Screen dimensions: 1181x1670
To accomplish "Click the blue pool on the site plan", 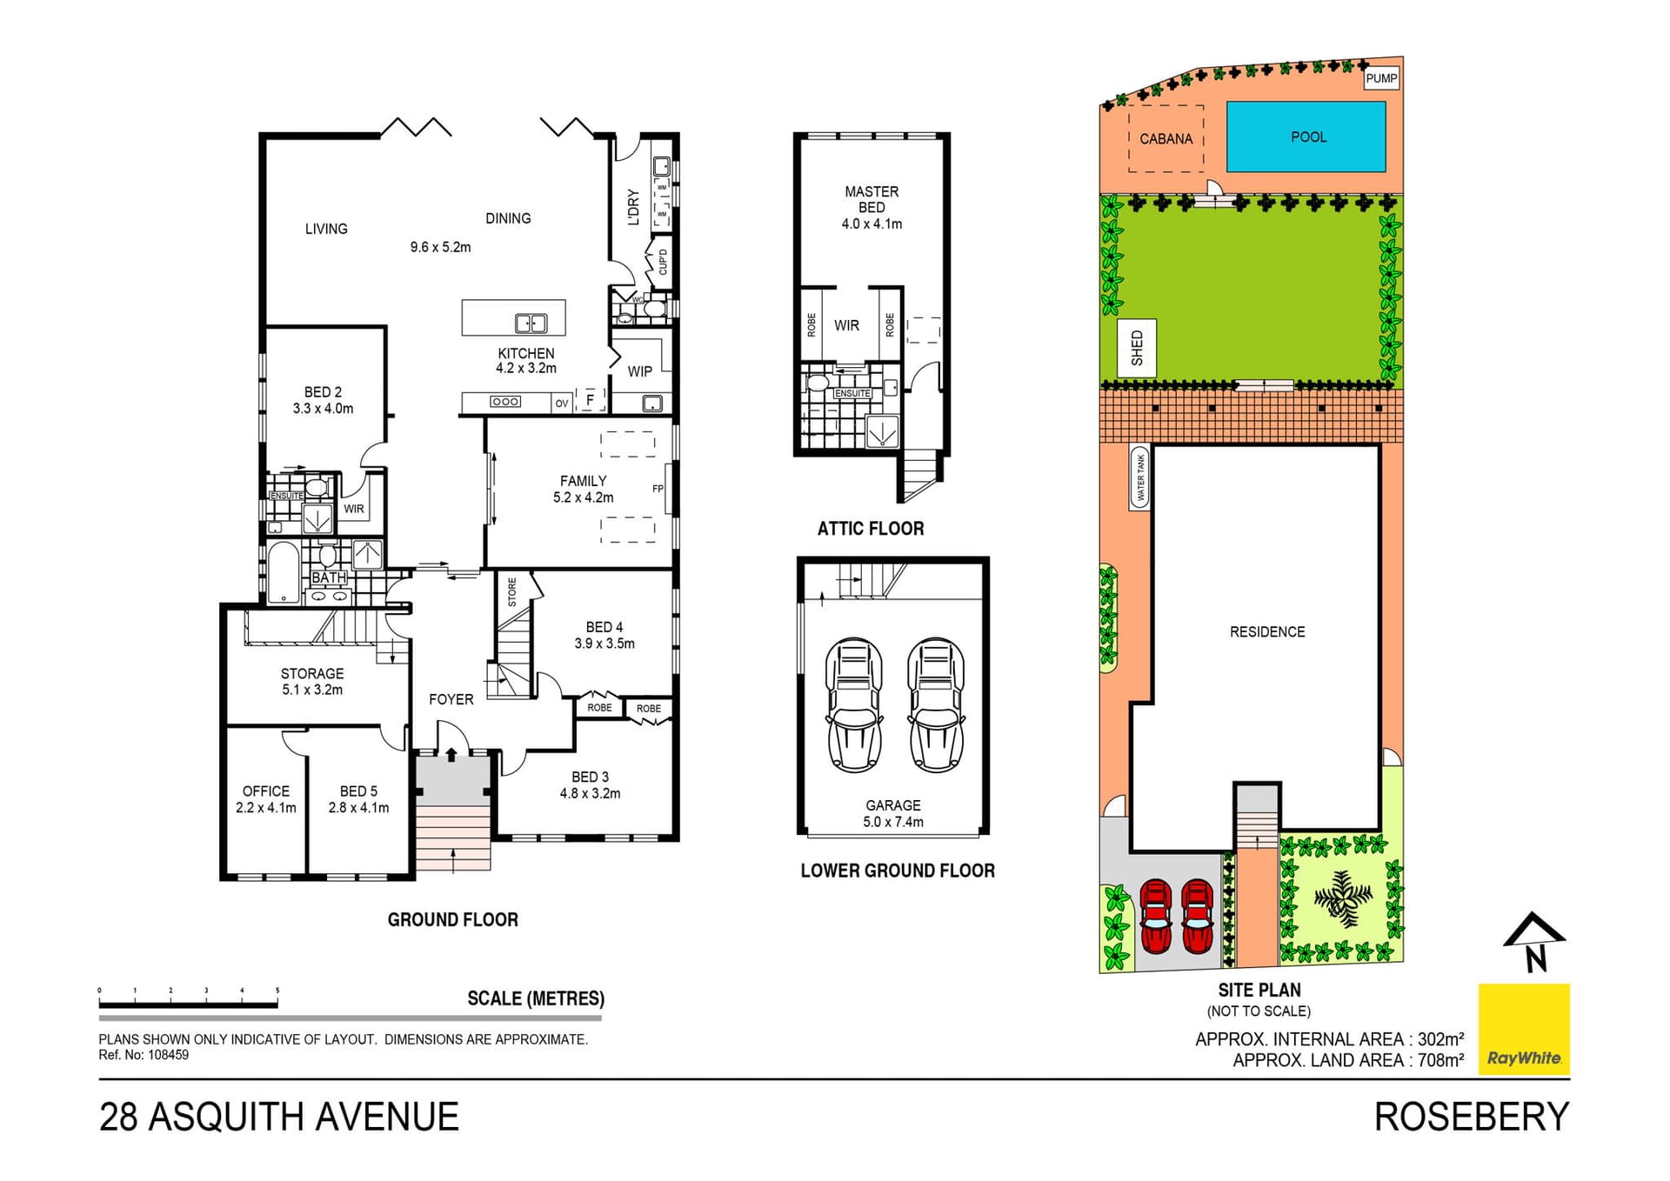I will coord(1306,137).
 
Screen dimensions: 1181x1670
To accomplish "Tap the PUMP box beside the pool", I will coord(1380,78).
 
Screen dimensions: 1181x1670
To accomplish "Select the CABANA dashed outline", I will coord(1166,138).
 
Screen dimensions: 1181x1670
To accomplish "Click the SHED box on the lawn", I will coord(1137,348).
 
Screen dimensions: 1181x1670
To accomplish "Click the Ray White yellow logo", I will coord(1524,1029).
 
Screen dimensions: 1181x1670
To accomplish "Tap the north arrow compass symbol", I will coord(1534,941).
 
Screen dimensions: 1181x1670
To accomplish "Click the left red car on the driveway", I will coord(1156,916).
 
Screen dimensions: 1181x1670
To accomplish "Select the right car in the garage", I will coord(936,704).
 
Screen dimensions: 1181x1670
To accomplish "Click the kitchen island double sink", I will coord(531,324).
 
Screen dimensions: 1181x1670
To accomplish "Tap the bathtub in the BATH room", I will coord(283,572).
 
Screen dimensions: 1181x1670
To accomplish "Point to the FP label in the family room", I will coord(658,489).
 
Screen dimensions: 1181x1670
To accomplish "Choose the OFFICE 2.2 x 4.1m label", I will coord(266,799).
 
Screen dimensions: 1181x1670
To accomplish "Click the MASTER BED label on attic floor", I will coord(872,199).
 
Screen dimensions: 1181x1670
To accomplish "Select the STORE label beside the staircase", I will coord(512,591).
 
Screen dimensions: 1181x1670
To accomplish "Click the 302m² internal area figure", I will coord(1440,1039).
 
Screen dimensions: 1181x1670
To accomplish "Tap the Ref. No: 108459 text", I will coord(144,1055).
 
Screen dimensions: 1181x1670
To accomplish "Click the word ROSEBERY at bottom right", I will coord(1471,1118).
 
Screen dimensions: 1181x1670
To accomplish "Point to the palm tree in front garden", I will coord(1343,898).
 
